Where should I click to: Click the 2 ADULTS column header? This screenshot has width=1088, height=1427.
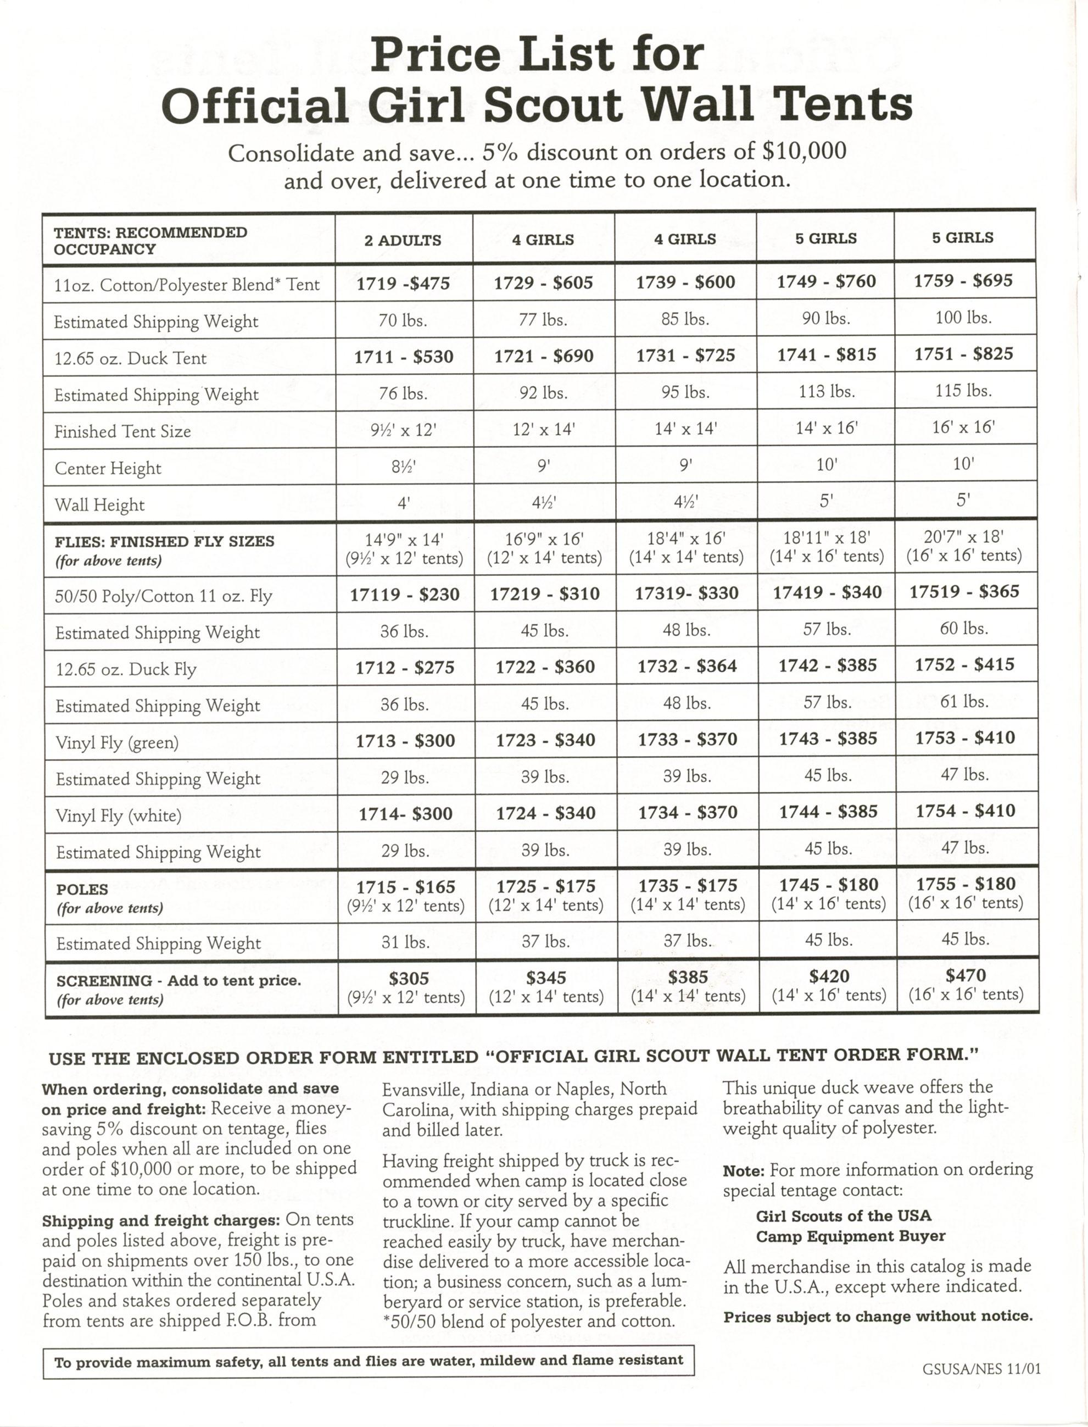(402, 240)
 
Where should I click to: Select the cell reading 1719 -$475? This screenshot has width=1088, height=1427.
(403, 283)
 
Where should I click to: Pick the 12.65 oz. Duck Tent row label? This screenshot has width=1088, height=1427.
(130, 358)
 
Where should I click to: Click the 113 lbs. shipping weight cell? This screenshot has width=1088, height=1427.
(825, 391)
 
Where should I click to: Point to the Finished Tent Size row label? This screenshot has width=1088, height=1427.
(122, 431)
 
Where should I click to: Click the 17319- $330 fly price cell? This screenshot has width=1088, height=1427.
(686, 593)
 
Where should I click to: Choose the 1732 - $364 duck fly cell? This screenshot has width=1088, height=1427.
(687, 666)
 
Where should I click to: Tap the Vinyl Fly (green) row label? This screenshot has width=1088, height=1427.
(117, 742)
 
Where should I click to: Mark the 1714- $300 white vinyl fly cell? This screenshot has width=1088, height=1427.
(405, 814)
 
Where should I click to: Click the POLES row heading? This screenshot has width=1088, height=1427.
(73, 890)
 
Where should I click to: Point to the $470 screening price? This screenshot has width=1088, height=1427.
(965, 975)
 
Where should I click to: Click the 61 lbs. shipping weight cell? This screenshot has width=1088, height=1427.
(964, 702)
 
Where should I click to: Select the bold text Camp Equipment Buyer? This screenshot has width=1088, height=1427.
(850, 1236)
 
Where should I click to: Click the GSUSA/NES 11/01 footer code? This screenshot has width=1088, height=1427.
(981, 1369)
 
